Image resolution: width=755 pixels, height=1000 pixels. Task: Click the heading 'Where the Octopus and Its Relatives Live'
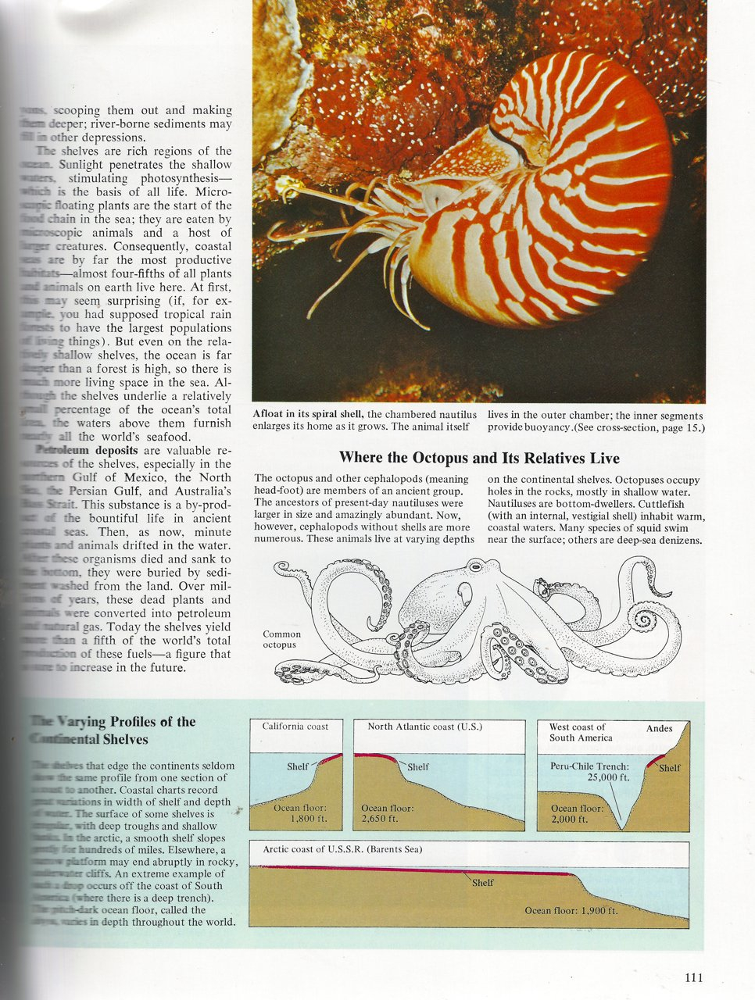479,458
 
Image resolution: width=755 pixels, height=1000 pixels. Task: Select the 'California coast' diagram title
295,727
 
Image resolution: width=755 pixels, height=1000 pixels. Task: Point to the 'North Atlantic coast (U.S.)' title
425,727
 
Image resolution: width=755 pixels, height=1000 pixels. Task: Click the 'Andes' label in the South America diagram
660,729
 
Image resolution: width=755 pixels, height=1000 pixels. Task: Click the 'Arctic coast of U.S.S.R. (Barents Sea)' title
342,848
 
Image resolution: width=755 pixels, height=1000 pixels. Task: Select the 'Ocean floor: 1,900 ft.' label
571,911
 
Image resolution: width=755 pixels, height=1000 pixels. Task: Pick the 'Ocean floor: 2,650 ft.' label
388,814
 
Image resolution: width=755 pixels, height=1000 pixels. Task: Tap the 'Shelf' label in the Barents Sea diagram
482,883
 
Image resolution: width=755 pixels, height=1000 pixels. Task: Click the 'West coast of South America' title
578,732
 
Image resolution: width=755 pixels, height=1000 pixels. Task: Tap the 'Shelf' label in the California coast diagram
297,766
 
